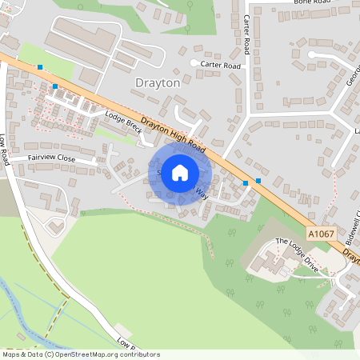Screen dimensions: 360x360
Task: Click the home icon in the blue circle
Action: [x=180, y=173]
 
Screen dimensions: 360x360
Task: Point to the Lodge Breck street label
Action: [x=123, y=122]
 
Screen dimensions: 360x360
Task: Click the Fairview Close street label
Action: [x=52, y=159]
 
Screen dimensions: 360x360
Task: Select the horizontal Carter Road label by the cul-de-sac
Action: [x=221, y=65]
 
